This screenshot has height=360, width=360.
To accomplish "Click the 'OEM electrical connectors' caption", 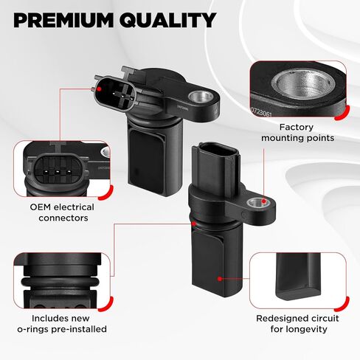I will point(63,212).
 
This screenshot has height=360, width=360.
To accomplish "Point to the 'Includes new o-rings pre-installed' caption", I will point(63,323).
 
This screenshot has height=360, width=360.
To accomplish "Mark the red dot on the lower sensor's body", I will point(219,278).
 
